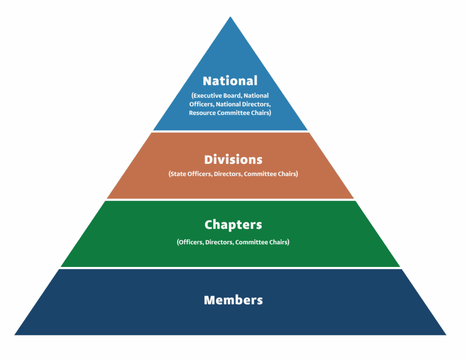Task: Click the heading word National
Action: [x=230, y=81]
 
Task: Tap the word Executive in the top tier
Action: [x=208, y=96]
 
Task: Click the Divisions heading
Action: [x=233, y=160]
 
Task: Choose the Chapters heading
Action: [x=233, y=225]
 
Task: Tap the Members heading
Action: [x=233, y=300]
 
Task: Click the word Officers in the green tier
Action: [x=190, y=242]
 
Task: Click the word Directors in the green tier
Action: [x=219, y=242]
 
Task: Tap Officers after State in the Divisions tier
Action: [x=199, y=174]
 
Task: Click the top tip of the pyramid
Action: [x=230, y=17]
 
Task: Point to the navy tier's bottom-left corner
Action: [x=15, y=335]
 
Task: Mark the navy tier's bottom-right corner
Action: [x=446, y=335]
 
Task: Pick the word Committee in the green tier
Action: [x=251, y=242]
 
